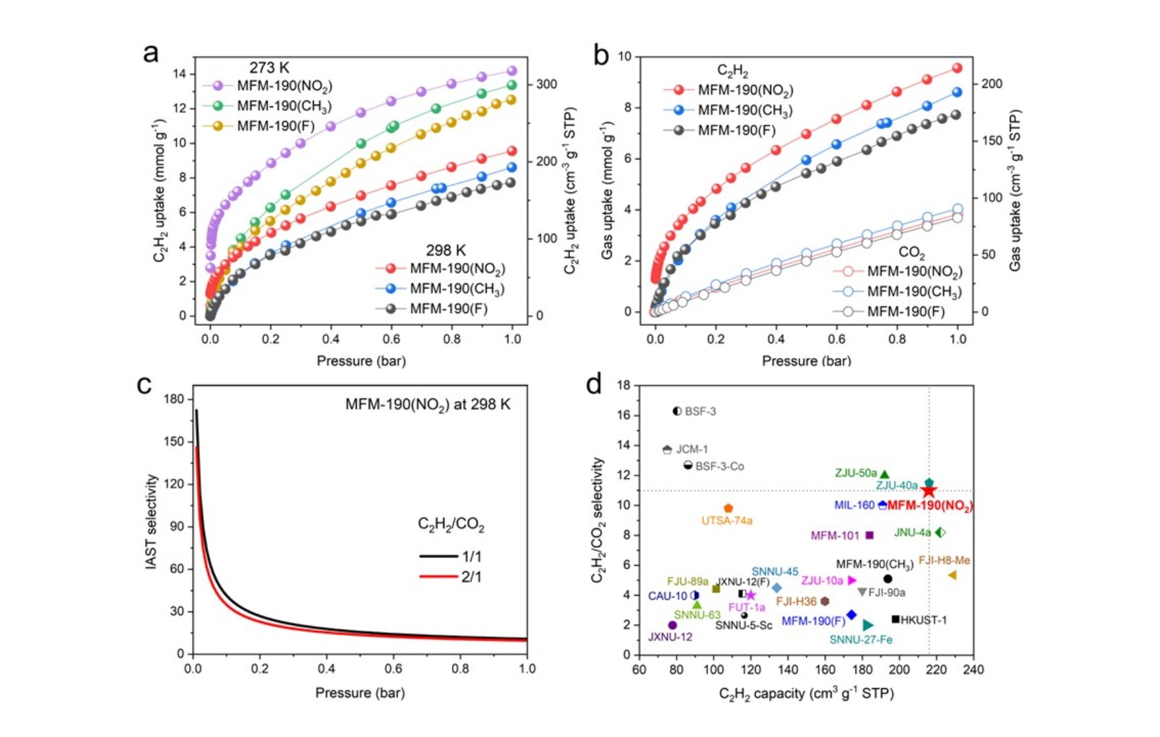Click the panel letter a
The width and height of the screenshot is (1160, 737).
tap(151, 53)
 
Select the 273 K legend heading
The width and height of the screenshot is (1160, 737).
tap(270, 68)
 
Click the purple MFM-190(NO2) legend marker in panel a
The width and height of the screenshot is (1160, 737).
tap(218, 86)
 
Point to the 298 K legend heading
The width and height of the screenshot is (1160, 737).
tap(446, 250)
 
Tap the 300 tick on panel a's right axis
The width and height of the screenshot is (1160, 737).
tap(546, 84)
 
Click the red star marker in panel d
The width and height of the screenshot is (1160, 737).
tap(928, 492)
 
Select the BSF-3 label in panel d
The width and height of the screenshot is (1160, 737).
tap(700, 411)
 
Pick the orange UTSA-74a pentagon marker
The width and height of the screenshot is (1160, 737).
tap(728, 508)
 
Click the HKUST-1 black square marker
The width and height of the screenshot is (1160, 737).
tap(895, 619)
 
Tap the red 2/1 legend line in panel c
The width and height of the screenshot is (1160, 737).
tap(439, 577)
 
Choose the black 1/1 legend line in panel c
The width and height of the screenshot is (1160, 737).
tap(439, 556)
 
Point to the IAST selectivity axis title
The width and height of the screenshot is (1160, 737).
tap(152, 522)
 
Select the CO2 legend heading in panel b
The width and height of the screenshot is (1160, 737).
tap(911, 253)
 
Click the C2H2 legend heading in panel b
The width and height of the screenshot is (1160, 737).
tap(732, 70)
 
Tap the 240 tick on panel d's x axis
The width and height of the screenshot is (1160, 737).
tap(974, 669)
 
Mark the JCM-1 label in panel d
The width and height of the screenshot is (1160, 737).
tap(691, 449)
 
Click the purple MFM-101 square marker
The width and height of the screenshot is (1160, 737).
tap(870, 535)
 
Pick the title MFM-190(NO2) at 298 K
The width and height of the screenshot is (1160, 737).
tap(428, 405)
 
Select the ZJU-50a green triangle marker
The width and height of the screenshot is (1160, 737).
tap(884, 474)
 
